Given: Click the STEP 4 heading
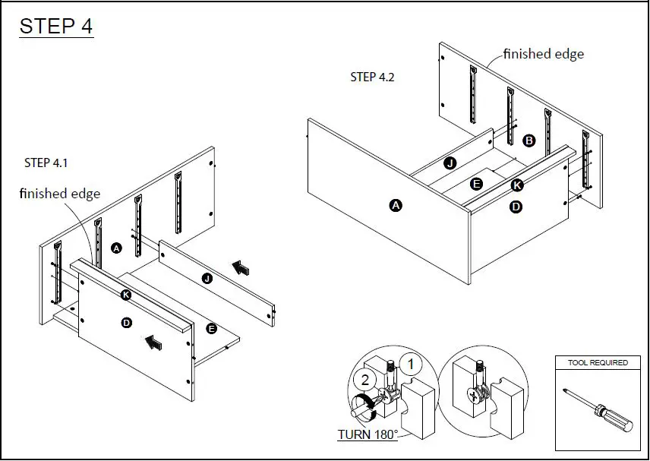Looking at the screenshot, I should (56, 26).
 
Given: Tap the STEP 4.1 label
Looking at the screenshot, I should (47, 163).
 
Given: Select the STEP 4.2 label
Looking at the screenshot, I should (372, 77).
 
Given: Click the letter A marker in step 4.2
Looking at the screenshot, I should (395, 205).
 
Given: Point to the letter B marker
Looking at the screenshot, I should (529, 141).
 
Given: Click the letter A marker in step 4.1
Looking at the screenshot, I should (116, 248).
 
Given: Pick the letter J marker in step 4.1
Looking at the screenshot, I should (207, 279).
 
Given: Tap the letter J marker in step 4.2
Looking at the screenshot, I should (450, 163).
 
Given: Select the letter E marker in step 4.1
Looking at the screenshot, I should (212, 328).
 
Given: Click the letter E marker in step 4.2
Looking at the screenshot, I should (476, 184).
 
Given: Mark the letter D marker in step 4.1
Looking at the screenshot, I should (127, 324).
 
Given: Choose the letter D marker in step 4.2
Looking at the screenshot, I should (516, 206).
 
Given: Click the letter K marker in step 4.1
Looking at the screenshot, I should (125, 295).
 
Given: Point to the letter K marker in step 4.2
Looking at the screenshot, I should (517, 185).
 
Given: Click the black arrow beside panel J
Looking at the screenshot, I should (241, 267).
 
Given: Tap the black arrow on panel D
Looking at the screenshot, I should (153, 343).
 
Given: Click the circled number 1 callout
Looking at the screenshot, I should (411, 365).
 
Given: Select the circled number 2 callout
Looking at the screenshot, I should (365, 380).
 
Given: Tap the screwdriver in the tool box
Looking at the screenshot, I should (599, 410).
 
